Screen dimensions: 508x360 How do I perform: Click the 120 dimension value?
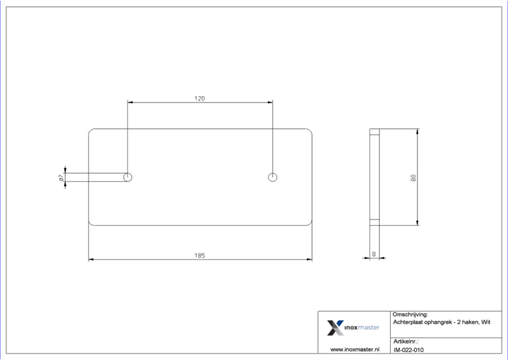[200, 98]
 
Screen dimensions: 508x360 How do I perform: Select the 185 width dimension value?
[200, 255]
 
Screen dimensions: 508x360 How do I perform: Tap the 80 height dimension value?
[413, 177]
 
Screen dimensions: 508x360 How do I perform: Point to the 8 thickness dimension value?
[374, 254]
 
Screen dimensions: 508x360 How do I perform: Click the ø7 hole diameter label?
[60, 177]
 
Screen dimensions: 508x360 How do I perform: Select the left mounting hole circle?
[128, 177]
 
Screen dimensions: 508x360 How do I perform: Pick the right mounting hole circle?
[273, 177]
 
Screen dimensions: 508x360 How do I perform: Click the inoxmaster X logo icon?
[335, 328]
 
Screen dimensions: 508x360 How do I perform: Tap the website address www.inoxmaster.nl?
[355, 349]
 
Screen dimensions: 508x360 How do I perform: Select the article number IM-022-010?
[408, 349]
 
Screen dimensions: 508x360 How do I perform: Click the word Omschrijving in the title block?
[410, 314]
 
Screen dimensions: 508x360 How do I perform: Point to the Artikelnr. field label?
[406, 341]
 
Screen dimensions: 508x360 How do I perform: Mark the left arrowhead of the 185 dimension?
[91, 259]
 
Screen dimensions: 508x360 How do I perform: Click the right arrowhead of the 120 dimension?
[270, 103]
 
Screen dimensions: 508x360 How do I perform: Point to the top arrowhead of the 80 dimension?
[417, 132]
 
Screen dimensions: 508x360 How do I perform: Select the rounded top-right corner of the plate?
[309, 132]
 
